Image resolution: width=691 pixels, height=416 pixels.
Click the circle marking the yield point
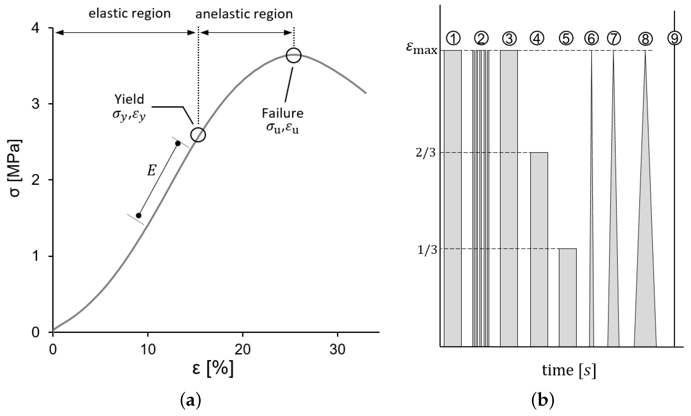[x=198, y=135]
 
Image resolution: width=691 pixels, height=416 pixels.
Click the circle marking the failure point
[x=293, y=55]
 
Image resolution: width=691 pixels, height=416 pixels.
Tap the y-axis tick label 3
[x=36, y=104]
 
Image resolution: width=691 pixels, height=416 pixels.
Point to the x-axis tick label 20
[x=242, y=350]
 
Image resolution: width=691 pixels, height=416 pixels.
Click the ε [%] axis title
[x=213, y=369]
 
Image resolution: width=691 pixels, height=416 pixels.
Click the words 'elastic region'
[x=129, y=14]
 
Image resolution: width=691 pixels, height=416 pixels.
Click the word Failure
[x=283, y=113]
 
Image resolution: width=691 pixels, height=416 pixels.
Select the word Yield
[x=129, y=99]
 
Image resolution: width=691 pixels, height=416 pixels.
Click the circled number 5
[x=566, y=38]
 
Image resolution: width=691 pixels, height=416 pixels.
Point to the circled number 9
[x=674, y=38]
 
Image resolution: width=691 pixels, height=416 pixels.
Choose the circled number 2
[x=481, y=38]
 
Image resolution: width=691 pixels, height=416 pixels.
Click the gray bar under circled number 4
[x=539, y=250]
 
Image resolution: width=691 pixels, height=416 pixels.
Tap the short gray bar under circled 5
[x=568, y=297]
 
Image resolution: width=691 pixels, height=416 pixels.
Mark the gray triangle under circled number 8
[x=645, y=266]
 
